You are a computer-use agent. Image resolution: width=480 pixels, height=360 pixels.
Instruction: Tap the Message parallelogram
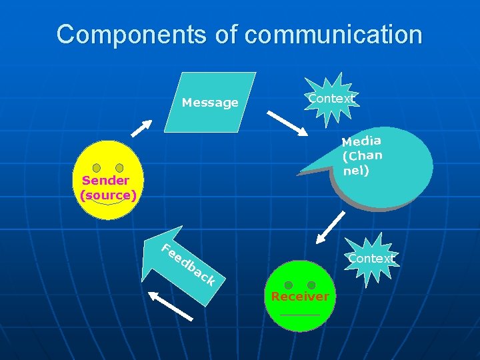tap(211, 103)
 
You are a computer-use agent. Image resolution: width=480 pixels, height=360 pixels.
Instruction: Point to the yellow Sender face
tap(108, 180)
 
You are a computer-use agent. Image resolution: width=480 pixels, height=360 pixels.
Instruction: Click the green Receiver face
tap(300, 295)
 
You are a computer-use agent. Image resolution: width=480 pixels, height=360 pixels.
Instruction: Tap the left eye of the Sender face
tap(97, 168)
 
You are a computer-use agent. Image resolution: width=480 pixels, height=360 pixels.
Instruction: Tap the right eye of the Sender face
tap(119, 168)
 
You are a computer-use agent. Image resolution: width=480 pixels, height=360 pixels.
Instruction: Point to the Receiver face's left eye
tap(288, 285)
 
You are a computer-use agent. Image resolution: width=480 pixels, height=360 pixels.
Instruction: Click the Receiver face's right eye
tap(311, 285)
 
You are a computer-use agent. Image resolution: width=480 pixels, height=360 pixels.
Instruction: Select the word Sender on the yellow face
tap(106, 180)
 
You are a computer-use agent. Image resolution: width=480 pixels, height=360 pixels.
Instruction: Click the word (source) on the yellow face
tap(108, 195)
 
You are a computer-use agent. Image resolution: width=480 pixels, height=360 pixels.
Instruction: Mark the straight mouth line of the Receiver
tap(300, 315)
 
